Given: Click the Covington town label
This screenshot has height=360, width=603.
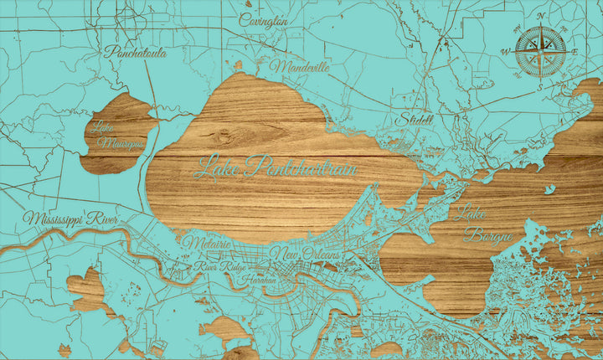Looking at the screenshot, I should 264,20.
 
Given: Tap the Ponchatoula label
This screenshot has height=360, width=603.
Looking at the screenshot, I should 135,52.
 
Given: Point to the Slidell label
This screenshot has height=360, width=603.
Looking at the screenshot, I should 416,119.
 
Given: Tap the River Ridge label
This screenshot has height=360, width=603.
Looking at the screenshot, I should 214,266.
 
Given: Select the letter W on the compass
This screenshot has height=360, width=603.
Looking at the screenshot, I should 505,51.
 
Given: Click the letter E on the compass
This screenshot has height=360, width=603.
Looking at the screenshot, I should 577,50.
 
